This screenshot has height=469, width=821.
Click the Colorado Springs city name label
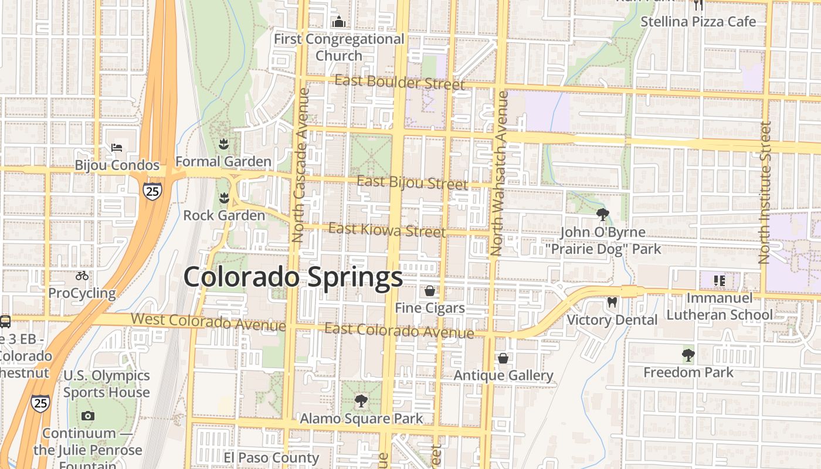tap(293, 277)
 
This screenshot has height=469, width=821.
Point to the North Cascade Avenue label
tap(300, 165)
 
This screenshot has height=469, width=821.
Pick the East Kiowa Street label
tap(387, 230)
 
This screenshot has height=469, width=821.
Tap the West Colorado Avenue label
tap(208, 322)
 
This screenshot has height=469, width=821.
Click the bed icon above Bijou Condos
tap(117, 147)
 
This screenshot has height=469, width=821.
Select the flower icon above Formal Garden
tap(223, 144)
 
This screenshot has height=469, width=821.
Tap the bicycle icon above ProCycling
tap(82, 276)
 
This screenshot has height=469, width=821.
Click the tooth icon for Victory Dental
tap(612, 302)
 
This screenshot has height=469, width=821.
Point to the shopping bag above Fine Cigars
tap(430, 291)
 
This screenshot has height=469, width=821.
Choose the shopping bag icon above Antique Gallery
tap(503, 358)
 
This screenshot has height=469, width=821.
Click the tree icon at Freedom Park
tap(688, 355)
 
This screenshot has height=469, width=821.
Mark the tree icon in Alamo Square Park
tap(361, 401)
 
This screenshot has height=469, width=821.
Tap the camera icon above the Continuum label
tap(88, 416)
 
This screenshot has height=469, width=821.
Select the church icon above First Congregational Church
tap(339, 22)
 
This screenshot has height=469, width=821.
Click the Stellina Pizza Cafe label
tap(698, 22)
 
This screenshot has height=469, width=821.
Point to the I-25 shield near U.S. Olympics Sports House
tap(40, 403)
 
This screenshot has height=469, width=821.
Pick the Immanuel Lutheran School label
tap(720, 307)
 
